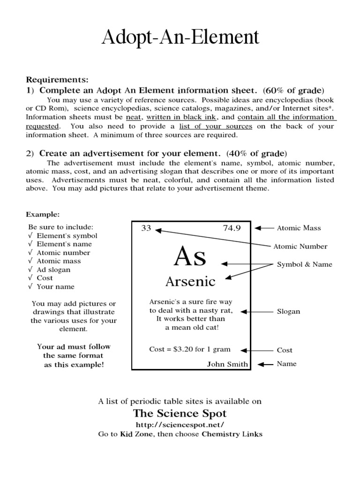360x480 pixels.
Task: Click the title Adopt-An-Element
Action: point(180,37)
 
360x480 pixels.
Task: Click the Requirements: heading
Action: point(57,80)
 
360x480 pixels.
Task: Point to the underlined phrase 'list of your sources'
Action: point(223,126)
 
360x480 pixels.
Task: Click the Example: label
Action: point(43,215)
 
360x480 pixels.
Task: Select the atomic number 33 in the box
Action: point(146,228)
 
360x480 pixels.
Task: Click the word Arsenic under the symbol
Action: point(190,282)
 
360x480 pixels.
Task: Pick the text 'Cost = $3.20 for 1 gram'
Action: point(190,350)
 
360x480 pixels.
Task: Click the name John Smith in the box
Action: point(227,364)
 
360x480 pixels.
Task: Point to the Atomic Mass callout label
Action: point(299,228)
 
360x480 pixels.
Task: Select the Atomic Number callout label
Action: point(300,247)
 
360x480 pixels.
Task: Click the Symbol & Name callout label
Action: point(304,264)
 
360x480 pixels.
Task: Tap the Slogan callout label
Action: point(288,312)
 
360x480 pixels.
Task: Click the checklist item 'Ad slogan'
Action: point(53,270)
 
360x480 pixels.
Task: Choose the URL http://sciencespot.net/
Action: point(180,424)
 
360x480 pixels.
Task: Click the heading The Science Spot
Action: point(180,413)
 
